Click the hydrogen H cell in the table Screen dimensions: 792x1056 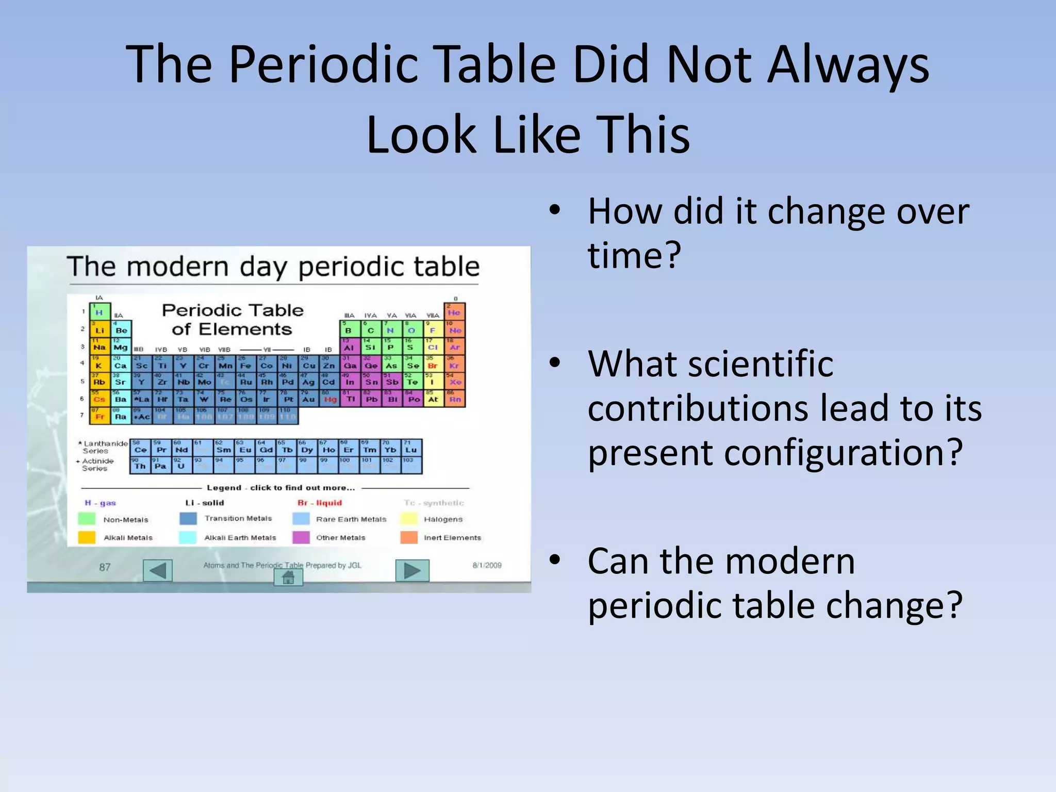100,312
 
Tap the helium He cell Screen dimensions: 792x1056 454,311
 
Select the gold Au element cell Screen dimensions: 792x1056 308,399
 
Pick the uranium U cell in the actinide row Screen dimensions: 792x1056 181,465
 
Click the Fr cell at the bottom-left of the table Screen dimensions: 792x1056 99,416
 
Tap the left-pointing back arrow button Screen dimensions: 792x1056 157,570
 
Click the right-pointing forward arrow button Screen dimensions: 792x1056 412,570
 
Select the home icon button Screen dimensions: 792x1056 288,577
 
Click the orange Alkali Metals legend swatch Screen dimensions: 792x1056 87,537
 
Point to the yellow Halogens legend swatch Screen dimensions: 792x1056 409,519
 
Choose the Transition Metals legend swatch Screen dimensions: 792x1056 188,518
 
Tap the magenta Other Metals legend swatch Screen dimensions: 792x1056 301,537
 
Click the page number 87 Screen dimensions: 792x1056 105,567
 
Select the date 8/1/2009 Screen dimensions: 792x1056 487,565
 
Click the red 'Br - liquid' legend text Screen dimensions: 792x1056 320,503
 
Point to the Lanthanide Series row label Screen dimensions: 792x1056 103,447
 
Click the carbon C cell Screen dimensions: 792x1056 370,329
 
